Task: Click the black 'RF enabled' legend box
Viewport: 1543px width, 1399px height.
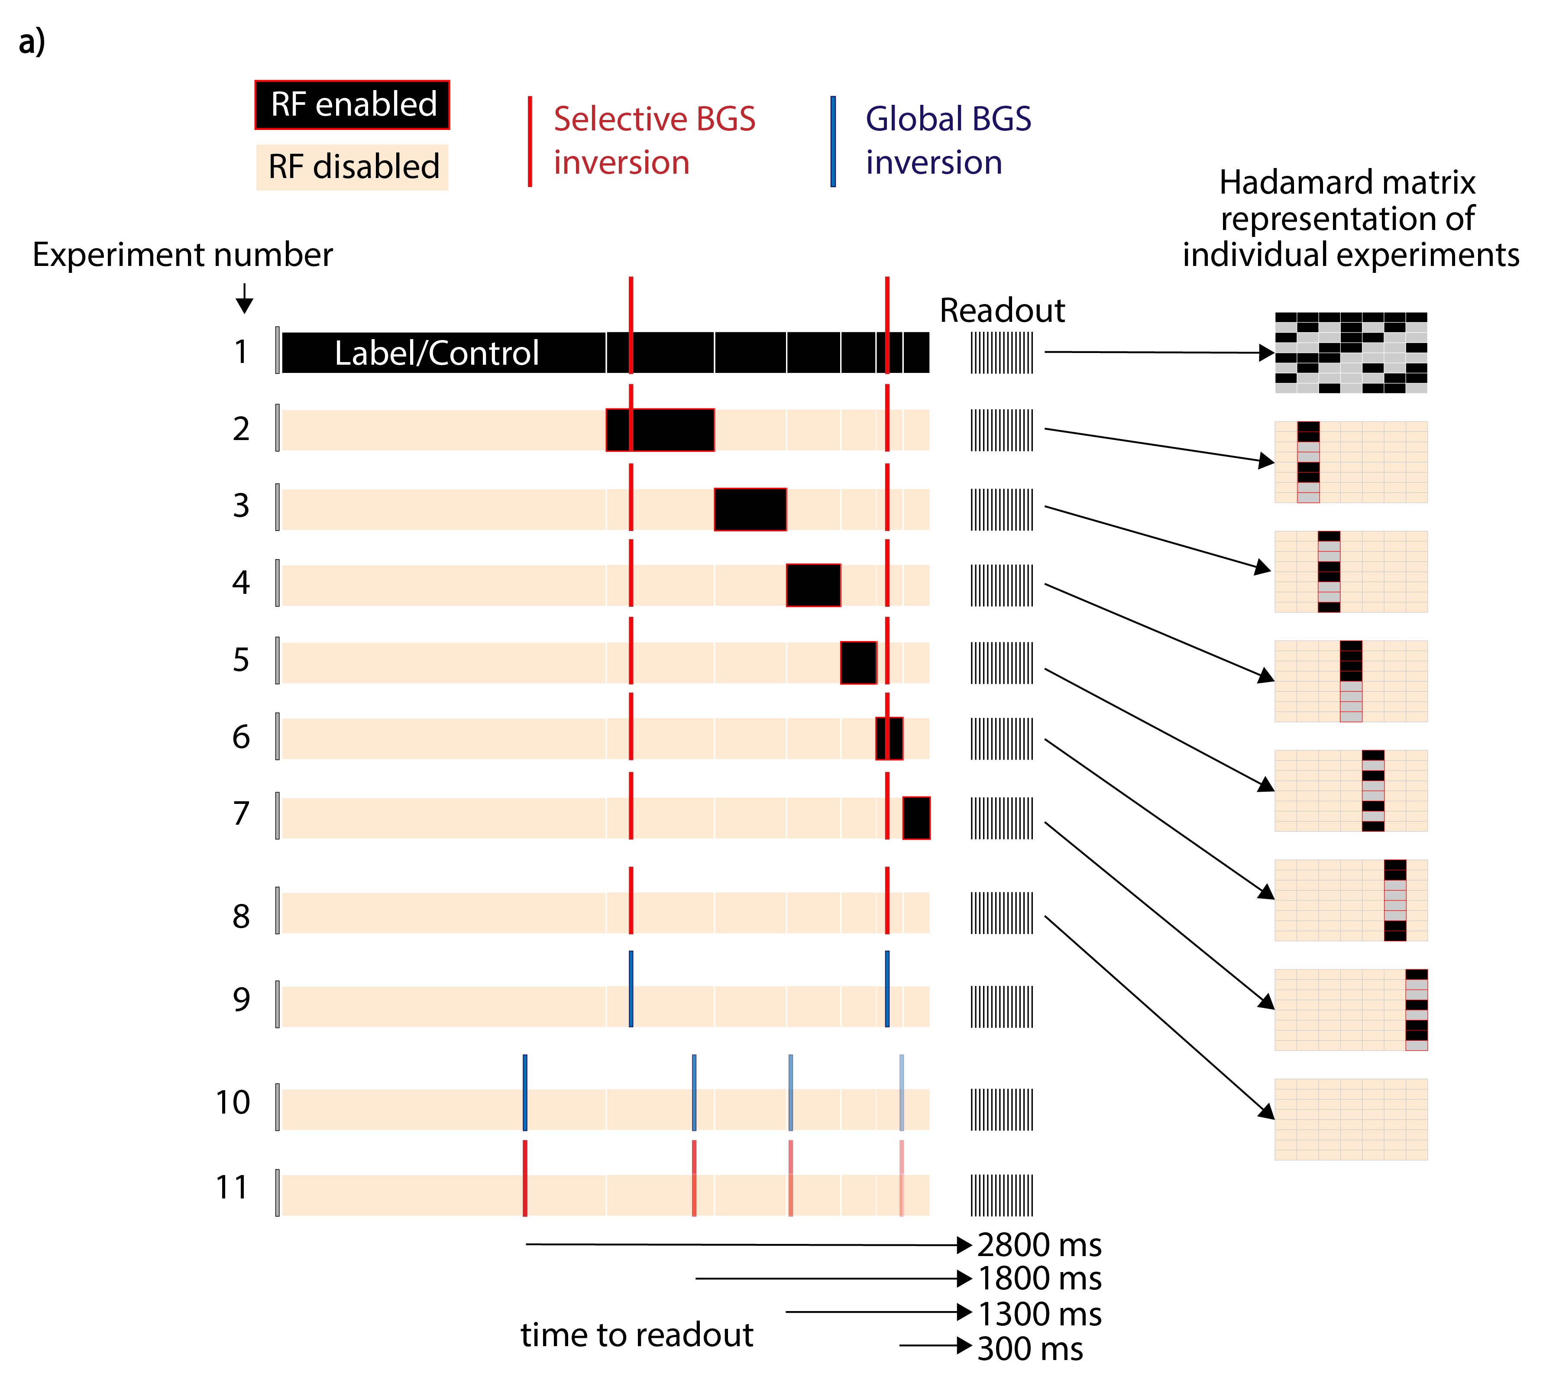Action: (x=352, y=105)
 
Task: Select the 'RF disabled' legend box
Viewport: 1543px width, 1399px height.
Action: (x=352, y=167)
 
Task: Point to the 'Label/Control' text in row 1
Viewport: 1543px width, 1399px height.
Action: (x=436, y=353)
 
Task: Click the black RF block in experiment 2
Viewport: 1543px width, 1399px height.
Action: (x=660, y=430)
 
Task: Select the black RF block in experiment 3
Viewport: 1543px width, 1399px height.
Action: (x=750, y=509)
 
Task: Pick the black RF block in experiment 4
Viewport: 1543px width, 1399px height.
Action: (x=813, y=586)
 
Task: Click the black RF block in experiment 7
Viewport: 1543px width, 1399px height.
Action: (x=916, y=818)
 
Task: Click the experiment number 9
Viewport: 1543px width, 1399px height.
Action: (x=241, y=1000)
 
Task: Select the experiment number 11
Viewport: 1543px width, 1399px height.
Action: (x=232, y=1188)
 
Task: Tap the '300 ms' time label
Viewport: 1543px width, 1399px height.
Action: (x=1029, y=1349)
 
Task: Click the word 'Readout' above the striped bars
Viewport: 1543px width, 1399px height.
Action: (x=1001, y=311)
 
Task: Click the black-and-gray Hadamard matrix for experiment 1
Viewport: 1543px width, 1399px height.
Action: (x=1350, y=353)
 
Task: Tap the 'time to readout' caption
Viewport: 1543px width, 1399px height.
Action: (x=637, y=1335)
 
